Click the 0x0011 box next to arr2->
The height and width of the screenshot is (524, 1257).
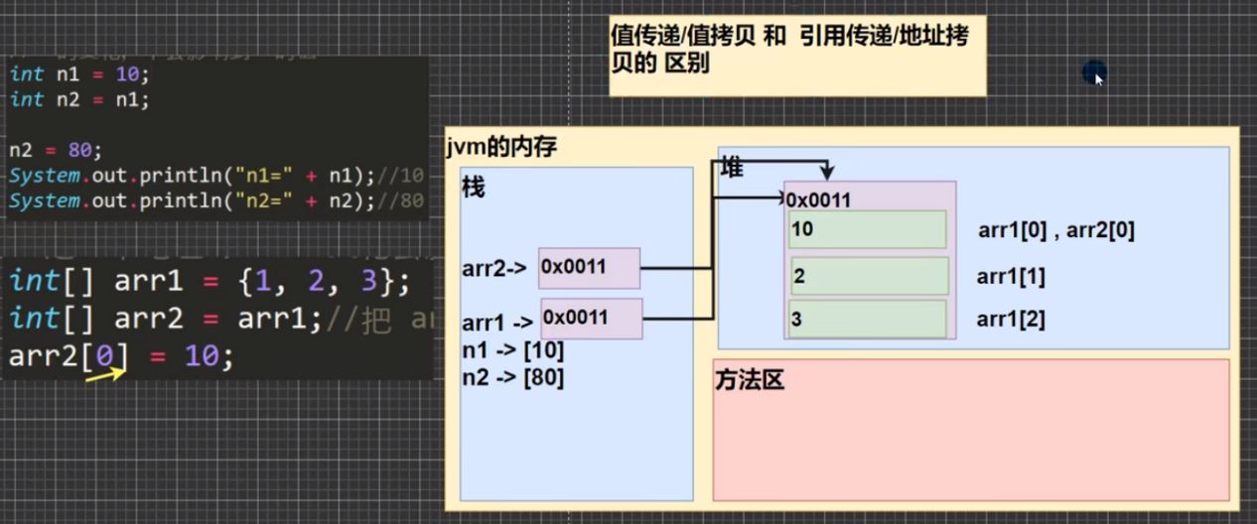click(589, 268)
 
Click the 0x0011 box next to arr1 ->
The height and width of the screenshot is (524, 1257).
click(592, 319)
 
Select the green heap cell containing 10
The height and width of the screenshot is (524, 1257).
click(867, 230)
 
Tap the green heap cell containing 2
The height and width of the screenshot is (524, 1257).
click(870, 276)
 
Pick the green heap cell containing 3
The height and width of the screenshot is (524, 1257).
click(867, 320)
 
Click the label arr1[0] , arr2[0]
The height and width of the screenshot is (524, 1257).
click(1055, 231)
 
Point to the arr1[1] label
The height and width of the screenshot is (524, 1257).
click(1011, 277)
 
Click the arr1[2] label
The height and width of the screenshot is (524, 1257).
click(1011, 320)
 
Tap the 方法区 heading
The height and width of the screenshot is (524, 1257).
click(749, 379)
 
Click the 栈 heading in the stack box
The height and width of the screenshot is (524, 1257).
click(474, 188)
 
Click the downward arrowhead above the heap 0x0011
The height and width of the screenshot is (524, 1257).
click(826, 173)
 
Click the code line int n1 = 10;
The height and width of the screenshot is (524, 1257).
click(78, 73)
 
